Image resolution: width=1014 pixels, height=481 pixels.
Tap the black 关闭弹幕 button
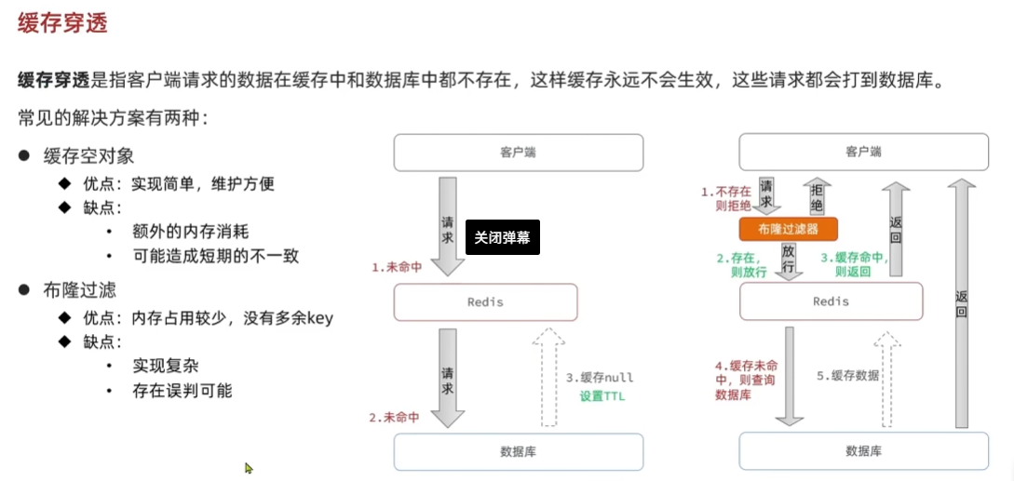tap(502, 237)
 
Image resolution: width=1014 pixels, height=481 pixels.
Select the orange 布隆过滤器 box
tap(789, 229)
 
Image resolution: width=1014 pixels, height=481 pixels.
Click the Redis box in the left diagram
tap(485, 302)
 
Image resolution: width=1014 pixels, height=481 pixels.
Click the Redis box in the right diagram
tap(831, 301)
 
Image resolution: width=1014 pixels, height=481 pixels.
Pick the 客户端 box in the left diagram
tap(518, 153)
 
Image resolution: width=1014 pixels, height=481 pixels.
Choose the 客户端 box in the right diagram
tap(863, 153)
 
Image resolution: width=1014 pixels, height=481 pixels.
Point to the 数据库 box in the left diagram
tap(518, 451)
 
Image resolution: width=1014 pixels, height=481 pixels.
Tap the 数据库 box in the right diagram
tap(863, 451)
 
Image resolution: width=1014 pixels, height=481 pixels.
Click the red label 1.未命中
tap(397, 267)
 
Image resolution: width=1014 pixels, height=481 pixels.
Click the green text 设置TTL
tap(602, 396)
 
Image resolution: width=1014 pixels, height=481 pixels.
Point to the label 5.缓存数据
tap(847, 376)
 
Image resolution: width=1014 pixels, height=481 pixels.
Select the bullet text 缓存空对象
tap(88, 156)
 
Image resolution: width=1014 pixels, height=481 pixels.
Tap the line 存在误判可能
tap(182, 391)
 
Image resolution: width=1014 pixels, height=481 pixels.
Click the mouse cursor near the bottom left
tap(249, 468)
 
